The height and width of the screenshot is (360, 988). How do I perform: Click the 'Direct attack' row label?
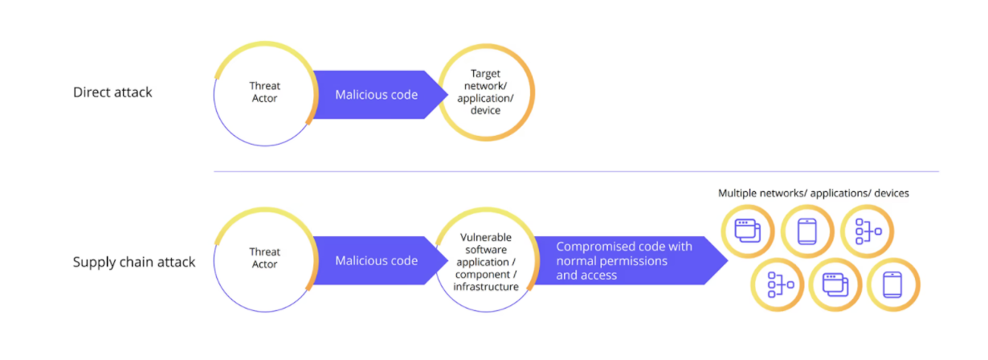(x=112, y=92)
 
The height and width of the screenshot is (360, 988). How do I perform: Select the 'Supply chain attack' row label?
(x=134, y=262)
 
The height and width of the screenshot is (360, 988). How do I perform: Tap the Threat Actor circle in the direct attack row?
(x=263, y=93)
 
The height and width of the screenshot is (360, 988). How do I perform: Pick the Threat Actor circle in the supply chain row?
(x=263, y=259)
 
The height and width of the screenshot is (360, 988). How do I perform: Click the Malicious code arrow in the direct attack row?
(x=376, y=95)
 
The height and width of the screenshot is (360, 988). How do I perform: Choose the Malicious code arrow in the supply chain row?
(x=376, y=260)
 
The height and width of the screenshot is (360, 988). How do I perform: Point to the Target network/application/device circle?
(x=486, y=93)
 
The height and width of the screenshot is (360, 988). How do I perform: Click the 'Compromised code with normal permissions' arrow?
(x=623, y=261)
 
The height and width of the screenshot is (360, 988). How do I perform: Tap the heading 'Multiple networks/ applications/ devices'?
(x=813, y=194)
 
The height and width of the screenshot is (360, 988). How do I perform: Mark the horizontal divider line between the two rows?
(x=575, y=171)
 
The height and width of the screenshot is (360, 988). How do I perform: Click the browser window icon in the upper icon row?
(x=747, y=231)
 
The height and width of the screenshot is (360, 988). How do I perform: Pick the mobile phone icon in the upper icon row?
(x=806, y=231)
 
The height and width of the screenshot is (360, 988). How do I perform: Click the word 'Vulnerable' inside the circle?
(x=486, y=238)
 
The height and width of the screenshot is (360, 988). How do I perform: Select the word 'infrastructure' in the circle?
(x=486, y=287)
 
